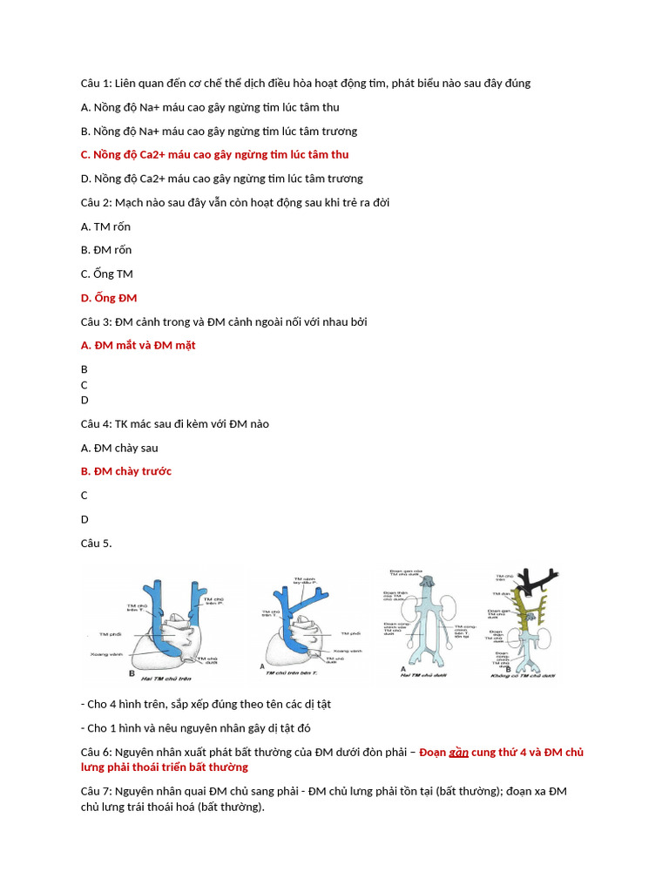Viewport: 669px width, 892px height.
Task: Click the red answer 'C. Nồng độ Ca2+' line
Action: click(x=214, y=154)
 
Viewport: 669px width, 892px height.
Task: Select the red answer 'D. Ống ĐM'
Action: click(x=109, y=298)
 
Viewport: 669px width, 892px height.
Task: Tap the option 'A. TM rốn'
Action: click(x=105, y=226)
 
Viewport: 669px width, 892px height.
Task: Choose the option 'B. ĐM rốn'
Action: click(x=106, y=250)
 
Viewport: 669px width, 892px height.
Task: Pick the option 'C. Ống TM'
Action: click(x=106, y=274)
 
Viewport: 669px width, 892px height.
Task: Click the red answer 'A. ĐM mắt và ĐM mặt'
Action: click(x=138, y=345)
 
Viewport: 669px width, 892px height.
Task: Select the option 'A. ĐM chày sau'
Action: click(x=119, y=448)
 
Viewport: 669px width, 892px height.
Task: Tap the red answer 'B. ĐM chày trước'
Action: click(x=126, y=471)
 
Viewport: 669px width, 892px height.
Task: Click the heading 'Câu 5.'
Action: click(x=96, y=543)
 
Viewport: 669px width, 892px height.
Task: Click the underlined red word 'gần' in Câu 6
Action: click(x=459, y=752)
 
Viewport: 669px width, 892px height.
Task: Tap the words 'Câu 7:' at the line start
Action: click(x=96, y=791)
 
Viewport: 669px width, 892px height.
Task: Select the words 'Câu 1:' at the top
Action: click(x=96, y=83)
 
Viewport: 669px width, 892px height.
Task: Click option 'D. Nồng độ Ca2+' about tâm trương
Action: click(x=221, y=179)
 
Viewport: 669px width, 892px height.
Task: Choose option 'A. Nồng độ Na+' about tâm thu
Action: click(x=210, y=107)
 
